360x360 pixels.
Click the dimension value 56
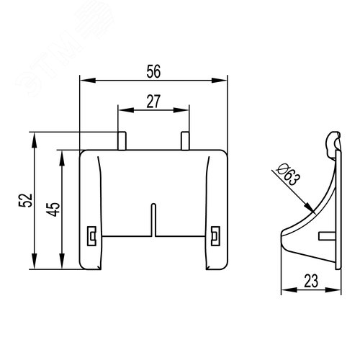pos(153,71)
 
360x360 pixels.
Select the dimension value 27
pos(153,102)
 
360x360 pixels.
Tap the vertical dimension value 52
pos(25,200)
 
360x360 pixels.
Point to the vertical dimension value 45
pos(53,210)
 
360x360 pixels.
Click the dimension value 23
pos(311,281)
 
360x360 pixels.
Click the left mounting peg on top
pos(122,140)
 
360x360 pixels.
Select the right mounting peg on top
pos(185,140)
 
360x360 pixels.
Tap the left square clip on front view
pos(91,236)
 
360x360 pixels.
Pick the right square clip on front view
pos(215,236)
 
